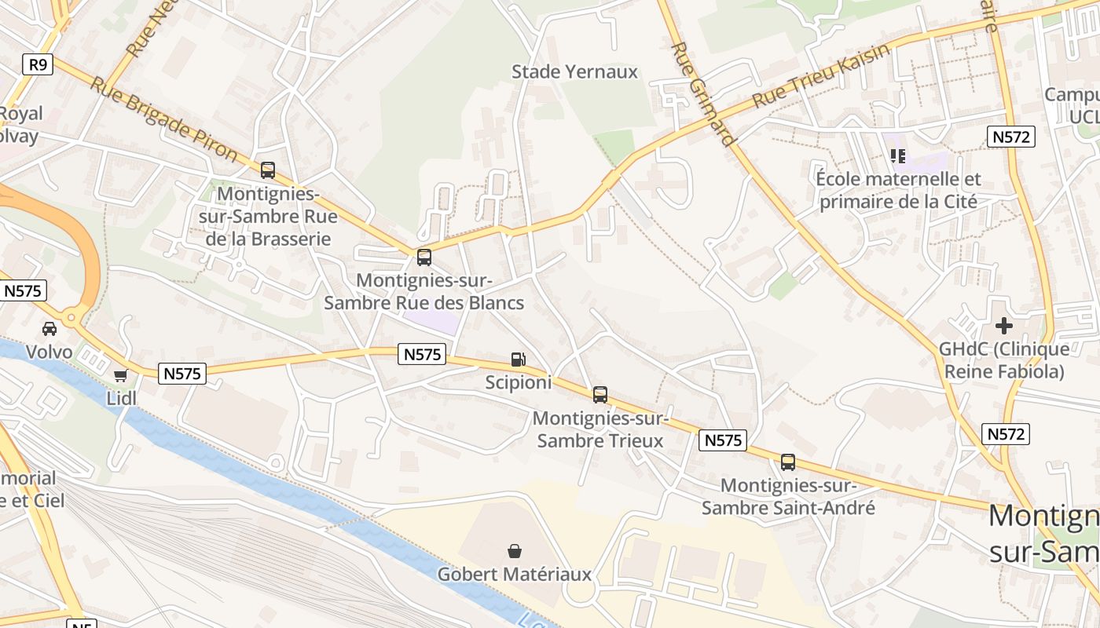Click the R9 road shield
[38, 64]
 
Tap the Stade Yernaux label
[574, 72]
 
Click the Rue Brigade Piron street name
[163, 119]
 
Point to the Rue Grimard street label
[703, 94]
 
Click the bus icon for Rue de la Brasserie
[268, 170]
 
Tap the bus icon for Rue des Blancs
[424, 257]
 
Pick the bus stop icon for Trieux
[600, 395]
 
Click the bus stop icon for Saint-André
[788, 462]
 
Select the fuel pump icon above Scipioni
[518, 360]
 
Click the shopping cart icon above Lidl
[120, 376]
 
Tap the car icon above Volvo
[49, 329]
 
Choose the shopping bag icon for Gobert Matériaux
[515, 551]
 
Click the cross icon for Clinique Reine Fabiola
[1003, 325]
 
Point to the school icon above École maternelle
[898, 156]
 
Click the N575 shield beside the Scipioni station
[423, 354]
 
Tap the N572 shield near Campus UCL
[1010, 137]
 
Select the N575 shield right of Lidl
[183, 374]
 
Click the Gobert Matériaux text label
[515, 575]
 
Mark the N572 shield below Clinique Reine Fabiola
[1006, 434]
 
